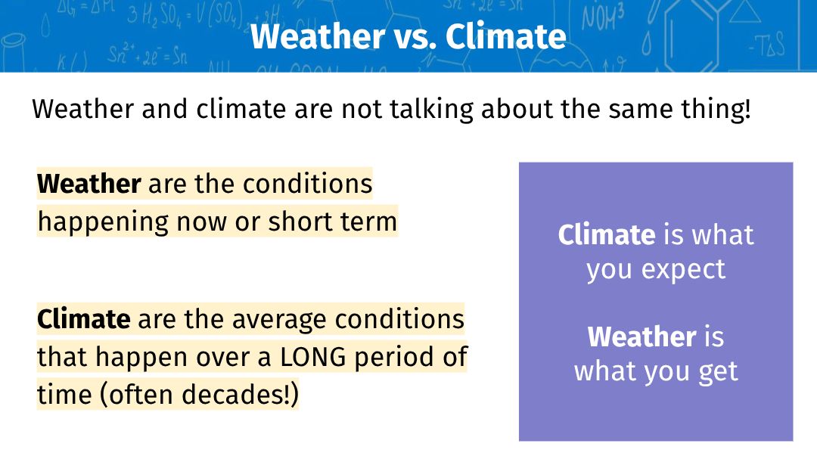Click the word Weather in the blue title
(x=318, y=36)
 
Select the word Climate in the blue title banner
(x=505, y=36)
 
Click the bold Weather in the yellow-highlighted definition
(x=89, y=184)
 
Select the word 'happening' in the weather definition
(x=103, y=222)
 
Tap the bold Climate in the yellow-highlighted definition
(x=84, y=319)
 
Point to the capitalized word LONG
(x=313, y=358)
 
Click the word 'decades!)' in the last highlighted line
(x=241, y=394)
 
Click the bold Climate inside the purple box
(x=607, y=235)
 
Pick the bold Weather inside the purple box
(x=642, y=337)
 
